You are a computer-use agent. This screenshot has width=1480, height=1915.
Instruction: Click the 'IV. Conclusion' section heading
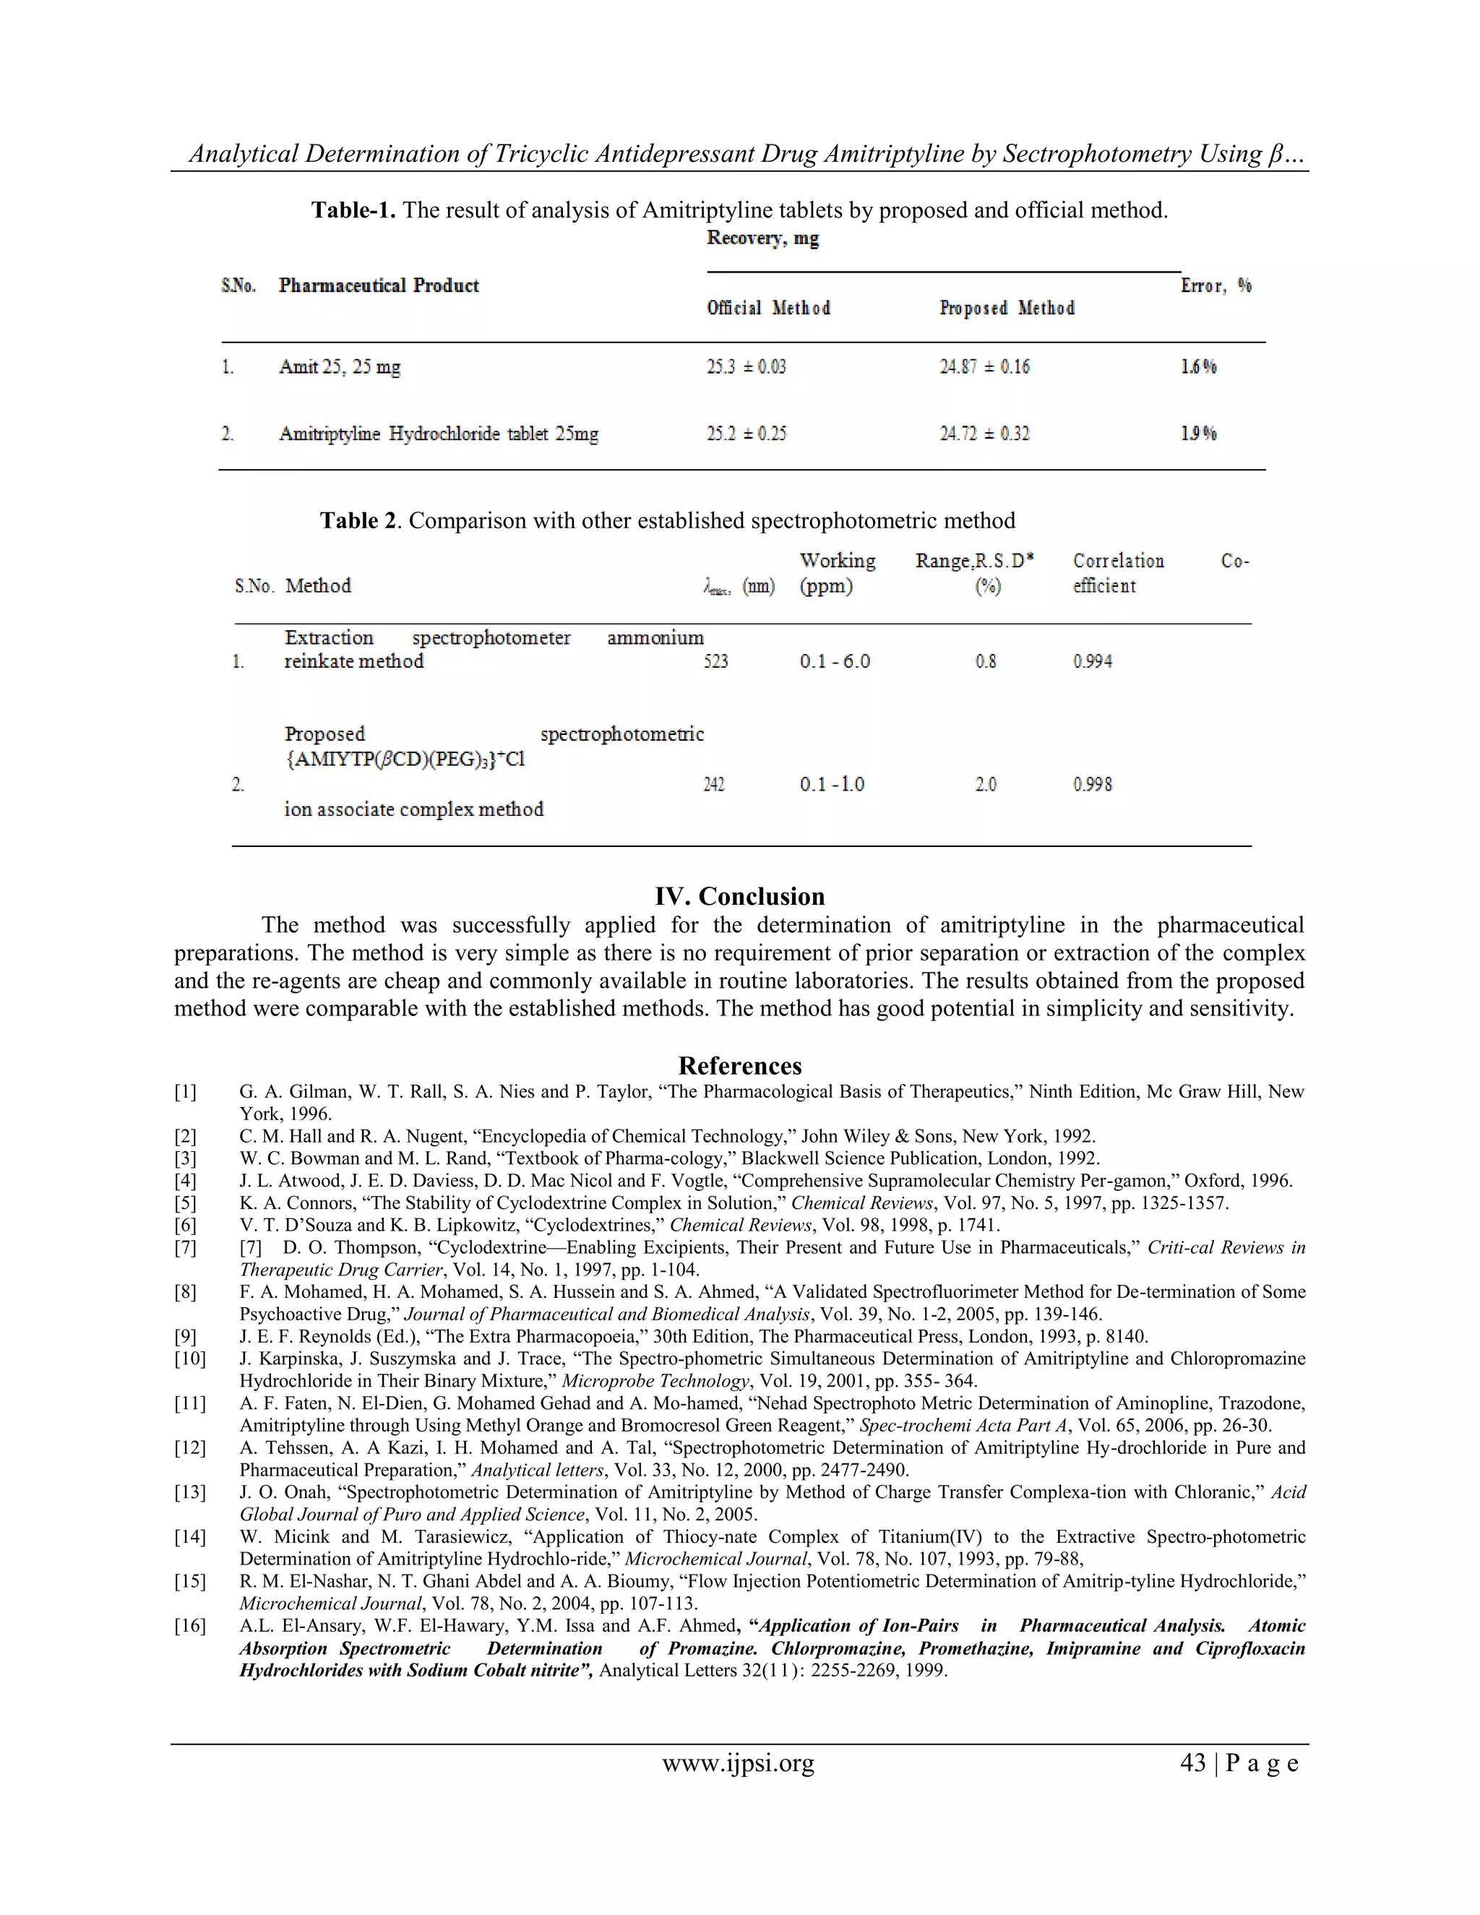coord(739,896)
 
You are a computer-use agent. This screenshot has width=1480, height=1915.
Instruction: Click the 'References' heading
coord(739,1065)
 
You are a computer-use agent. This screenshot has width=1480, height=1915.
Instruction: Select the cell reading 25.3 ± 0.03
coord(746,366)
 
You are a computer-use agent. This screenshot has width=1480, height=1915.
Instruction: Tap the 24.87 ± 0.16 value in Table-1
coord(984,366)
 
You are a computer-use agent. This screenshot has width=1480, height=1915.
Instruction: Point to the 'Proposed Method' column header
coord(1007,308)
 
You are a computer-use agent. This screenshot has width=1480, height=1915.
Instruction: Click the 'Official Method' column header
coord(768,308)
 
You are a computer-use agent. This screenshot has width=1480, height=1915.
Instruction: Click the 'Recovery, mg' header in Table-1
coord(763,238)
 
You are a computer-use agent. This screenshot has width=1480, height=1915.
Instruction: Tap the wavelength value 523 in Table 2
coord(715,661)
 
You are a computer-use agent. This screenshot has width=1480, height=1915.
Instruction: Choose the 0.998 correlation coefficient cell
coord(1093,784)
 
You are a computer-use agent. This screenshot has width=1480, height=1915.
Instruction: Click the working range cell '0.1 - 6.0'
coord(835,661)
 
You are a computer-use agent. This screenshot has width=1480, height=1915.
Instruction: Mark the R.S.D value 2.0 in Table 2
coord(986,784)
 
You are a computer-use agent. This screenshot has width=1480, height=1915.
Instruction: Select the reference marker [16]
coord(189,1626)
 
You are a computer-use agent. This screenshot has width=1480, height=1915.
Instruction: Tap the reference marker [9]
coord(185,1336)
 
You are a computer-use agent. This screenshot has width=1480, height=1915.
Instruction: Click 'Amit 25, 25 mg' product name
coord(340,366)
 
